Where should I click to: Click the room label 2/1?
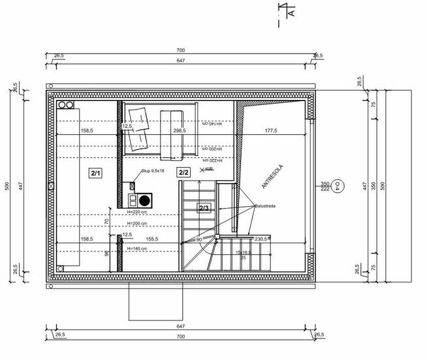click(x=95, y=173)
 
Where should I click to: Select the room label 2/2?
click(x=183, y=173)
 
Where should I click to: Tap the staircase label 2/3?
click(x=203, y=208)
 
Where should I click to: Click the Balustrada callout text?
click(x=265, y=206)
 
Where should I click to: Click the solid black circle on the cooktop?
click(x=145, y=200)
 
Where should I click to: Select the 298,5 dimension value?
click(x=179, y=130)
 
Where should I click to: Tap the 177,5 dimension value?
click(x=271, y=130)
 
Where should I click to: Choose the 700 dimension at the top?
click(x=180, y=50)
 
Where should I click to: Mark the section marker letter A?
click(x=292, y=12)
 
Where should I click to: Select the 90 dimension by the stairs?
click(x=199, y=239)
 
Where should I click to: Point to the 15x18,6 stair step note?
click(x=244, y=252)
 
